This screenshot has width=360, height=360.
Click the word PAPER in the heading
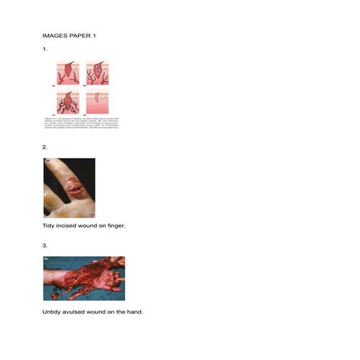79,35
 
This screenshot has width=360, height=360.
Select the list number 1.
45,49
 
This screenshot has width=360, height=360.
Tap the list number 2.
45,148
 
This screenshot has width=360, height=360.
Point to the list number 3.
45,246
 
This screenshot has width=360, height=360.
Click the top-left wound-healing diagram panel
68,73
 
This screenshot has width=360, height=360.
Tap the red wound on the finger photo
76,188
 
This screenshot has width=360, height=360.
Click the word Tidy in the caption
49,226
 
